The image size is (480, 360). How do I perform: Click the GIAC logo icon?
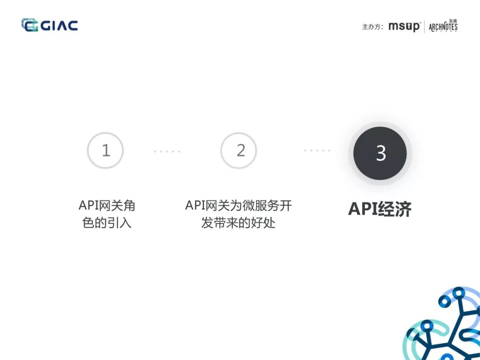30,25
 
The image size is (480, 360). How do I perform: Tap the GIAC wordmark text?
60,26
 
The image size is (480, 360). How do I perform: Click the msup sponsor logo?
404,27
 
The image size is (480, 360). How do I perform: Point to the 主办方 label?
372,27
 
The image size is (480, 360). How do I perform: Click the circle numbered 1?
105,150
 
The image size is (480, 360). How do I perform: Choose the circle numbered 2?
239,150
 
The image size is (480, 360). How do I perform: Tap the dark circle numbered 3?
380,153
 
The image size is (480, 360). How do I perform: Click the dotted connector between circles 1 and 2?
167,151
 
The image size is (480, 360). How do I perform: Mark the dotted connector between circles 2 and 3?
317,150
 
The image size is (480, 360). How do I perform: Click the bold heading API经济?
380,209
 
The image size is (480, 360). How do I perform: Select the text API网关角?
107,205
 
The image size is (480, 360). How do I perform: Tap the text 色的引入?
107,223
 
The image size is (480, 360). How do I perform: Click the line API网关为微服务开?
239,205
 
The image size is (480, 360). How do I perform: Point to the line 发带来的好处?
238,223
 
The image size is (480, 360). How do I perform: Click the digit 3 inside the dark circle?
381,153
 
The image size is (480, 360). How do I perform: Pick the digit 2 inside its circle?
241,150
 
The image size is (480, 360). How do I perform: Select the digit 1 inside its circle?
106,150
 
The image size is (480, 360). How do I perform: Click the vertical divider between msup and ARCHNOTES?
424,27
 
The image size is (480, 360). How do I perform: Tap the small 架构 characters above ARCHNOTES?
453,21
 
